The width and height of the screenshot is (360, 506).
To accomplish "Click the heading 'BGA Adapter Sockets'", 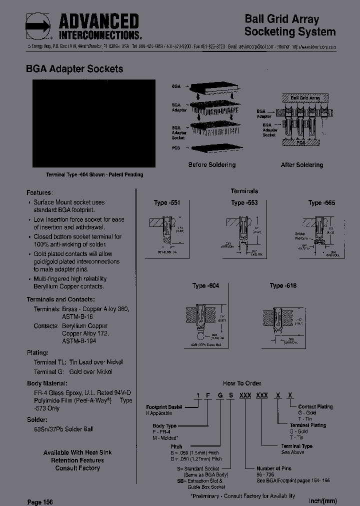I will click(x=74, y=69).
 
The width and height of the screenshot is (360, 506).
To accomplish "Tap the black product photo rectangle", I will click(x=93, y=123).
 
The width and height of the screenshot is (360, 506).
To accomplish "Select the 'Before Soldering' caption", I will click(x=211, y=164).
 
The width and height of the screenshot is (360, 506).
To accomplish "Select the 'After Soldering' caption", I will click(x=302, y=164).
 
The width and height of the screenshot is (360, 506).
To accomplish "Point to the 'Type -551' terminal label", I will click(x=166, y=202).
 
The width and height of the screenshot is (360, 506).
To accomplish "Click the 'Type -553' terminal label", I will click(x=244, y=202).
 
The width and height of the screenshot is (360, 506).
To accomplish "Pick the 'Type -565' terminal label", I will click(x=321, y=202).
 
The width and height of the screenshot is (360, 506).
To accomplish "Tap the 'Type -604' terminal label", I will click(x=205, y=285).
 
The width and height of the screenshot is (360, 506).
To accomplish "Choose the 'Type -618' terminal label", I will click(x=283, y=285).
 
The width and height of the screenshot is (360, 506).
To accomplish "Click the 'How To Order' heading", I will click(x=242, y=383).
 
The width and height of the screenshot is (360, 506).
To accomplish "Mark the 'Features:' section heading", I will click(x=39, y=192).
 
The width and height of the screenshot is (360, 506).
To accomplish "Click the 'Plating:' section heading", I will click(x=37, y=352).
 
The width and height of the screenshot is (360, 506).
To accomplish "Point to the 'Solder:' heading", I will click(x=37, y=419).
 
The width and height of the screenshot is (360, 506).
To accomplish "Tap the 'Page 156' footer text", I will click(x=39, y=501).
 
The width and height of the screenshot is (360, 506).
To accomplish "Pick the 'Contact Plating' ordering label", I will click(x=315, y=406).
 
